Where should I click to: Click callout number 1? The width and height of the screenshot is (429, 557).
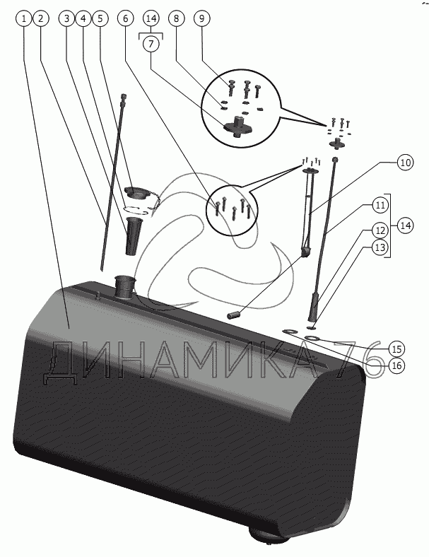click(25, 19)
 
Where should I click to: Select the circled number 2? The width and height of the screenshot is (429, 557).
click(41, 19)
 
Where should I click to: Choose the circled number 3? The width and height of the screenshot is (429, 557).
click(67, 19)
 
